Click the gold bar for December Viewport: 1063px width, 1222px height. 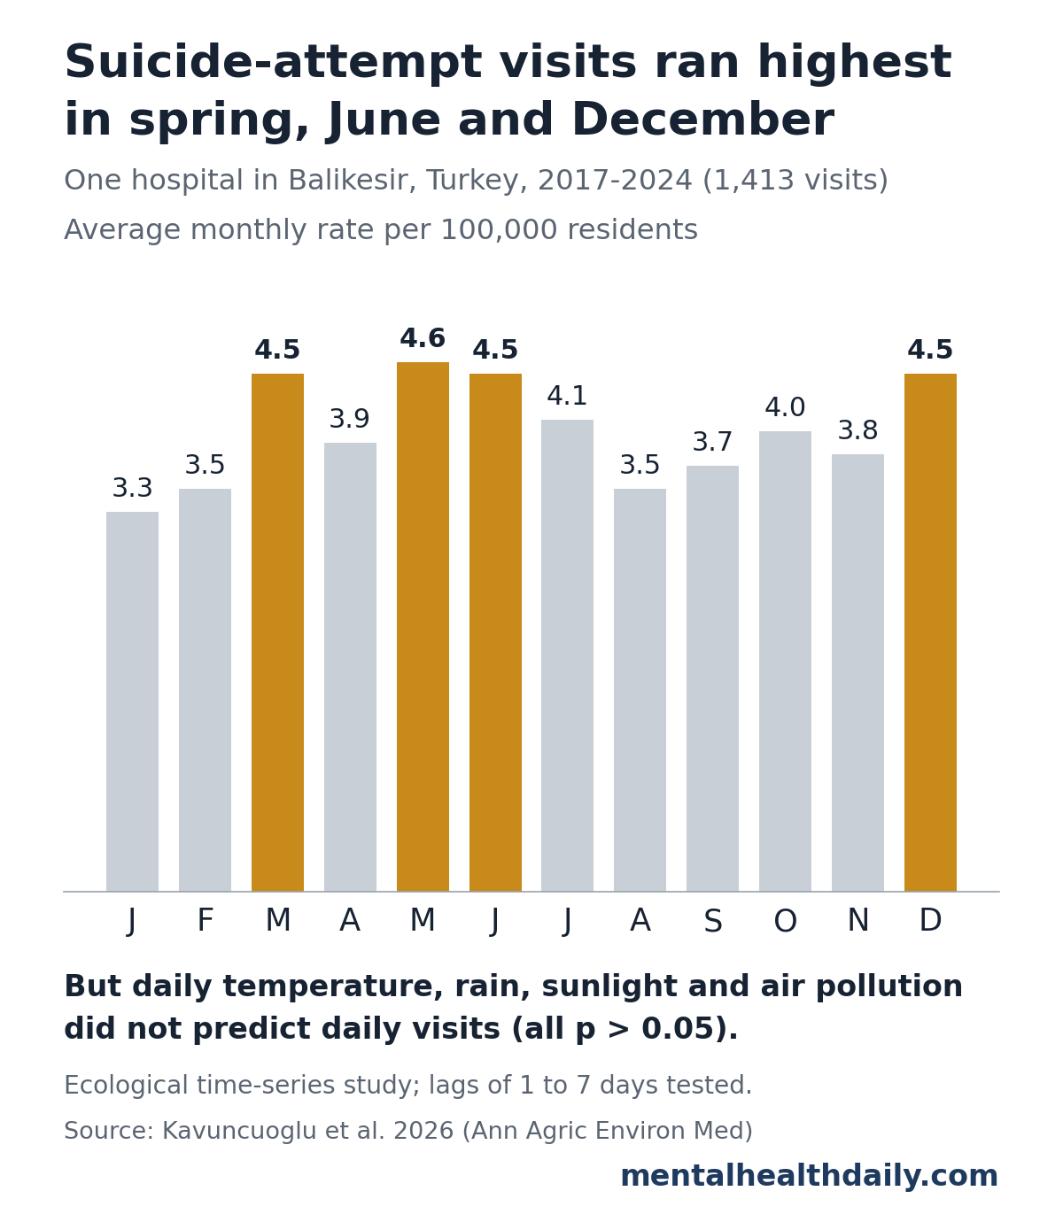[930, 632]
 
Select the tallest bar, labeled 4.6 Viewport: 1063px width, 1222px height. [423, 627]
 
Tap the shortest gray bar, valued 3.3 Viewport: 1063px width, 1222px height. [132, 701]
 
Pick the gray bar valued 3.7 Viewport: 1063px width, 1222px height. [712, 678]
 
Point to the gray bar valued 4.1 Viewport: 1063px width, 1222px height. [567, 655]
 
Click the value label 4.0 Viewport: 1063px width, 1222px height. [785, 407]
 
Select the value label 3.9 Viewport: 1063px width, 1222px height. [350, 419]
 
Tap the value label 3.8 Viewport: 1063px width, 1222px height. [857, 430]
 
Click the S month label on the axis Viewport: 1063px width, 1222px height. [712, 920]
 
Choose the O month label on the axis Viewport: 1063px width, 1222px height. [785, 920]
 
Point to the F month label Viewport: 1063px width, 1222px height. [205, 920]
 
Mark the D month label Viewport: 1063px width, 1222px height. [930, 920]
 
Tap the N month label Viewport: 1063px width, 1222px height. [857, 920]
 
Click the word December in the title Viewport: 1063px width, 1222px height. [702, 120]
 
